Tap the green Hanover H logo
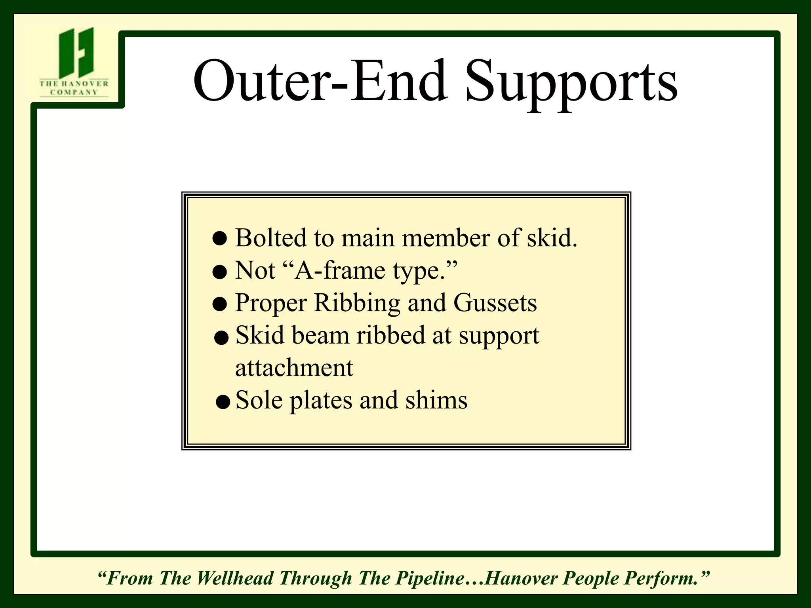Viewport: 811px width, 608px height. (x=76, y=52)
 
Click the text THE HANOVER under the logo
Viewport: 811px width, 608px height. (x=74, y=84)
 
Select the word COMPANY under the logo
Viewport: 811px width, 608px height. (x=74, y=92)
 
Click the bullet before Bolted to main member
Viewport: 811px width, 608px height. (x=219, y=239)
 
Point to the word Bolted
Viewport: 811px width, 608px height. (x=271, y=238)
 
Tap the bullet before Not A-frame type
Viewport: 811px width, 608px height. (x=219, y=272)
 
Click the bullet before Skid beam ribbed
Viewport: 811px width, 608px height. (x=221, y=338)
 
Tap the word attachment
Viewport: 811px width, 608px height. (x=294, y=368)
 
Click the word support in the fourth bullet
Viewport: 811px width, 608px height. (x=499, y=336)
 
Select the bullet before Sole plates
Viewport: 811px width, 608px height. (x=223, y=402)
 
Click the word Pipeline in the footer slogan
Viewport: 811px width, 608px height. (x=430, y=578)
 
